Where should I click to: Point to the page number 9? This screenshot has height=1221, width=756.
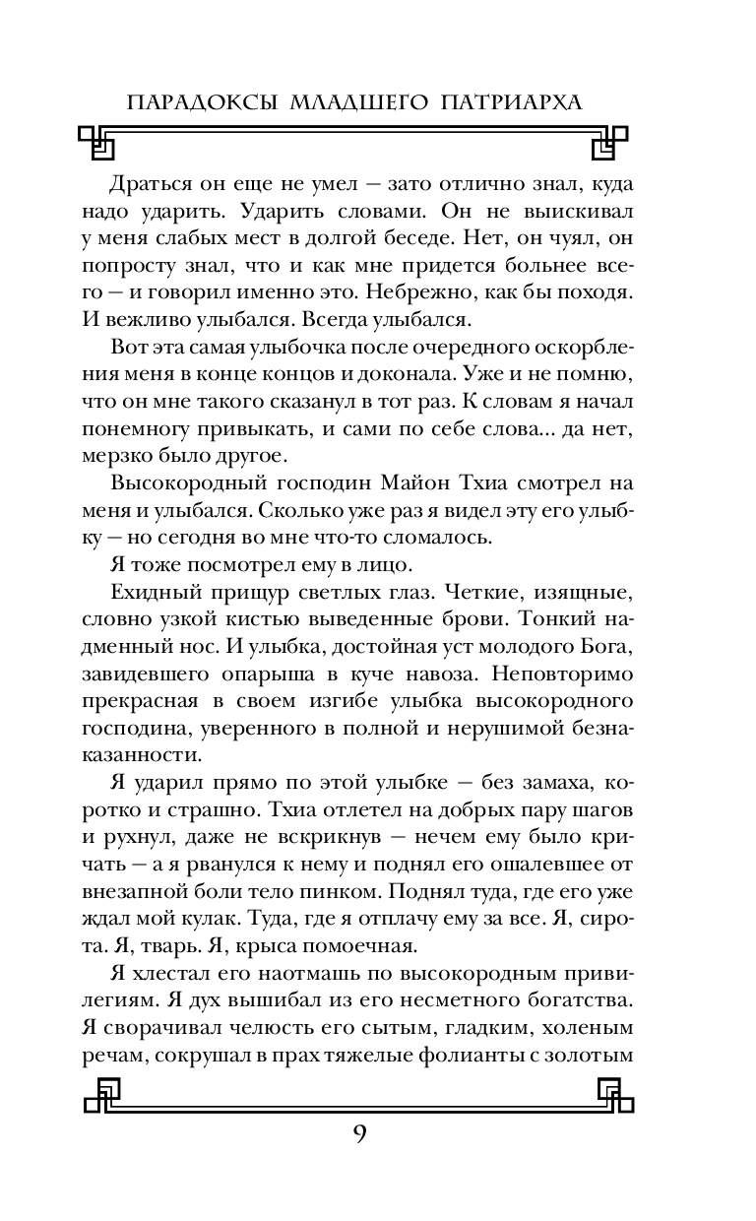pos(359,1132)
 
